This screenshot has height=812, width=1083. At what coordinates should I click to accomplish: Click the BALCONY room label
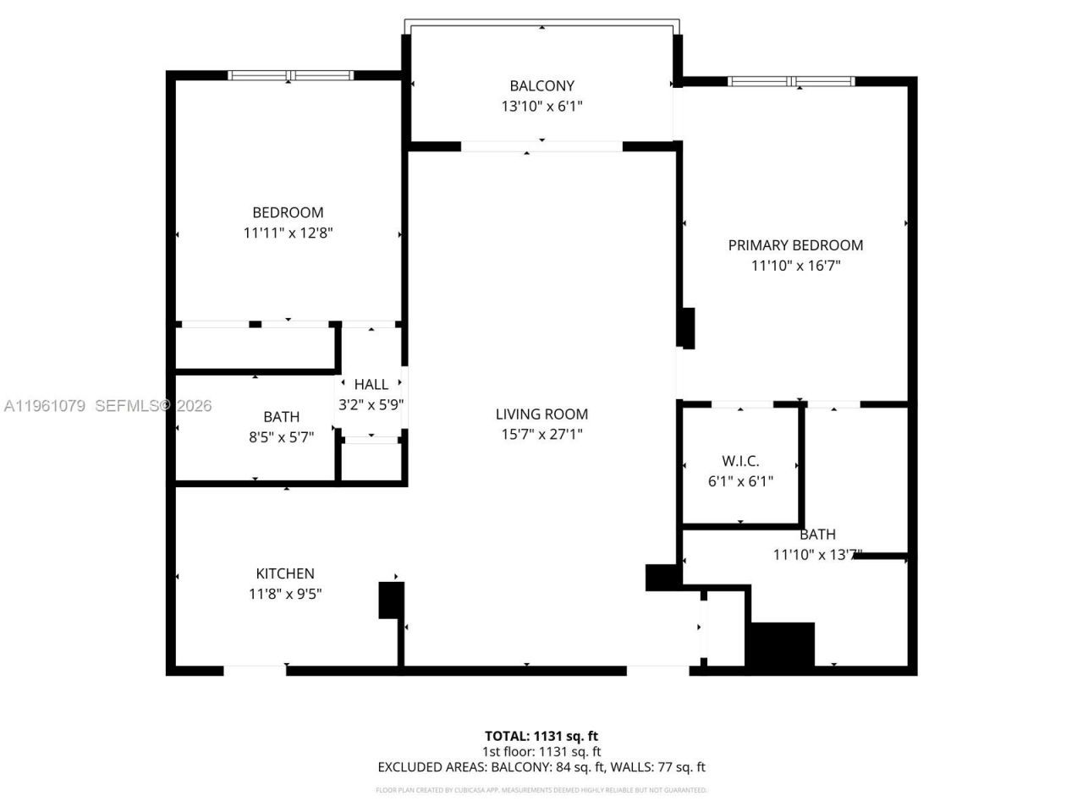(541, 85)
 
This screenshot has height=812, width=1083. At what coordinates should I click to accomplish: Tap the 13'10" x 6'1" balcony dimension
(541, 107)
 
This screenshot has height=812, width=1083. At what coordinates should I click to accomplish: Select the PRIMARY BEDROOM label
(795, 245)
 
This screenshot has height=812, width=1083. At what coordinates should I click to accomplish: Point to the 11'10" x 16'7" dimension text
(795, 266)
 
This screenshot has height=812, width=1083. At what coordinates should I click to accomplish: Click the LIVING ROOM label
(541, 414)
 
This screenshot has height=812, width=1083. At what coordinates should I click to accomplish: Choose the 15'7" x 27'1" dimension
(541, 434)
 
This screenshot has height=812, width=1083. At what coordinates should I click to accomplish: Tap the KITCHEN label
(285, 573)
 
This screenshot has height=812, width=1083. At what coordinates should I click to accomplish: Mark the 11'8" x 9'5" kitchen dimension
(285, 594)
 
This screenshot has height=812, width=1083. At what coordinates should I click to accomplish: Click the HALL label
(371, 385)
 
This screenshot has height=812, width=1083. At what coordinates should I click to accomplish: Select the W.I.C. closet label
(740, 461)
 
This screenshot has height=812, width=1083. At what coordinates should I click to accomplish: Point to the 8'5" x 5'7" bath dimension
(281, 437)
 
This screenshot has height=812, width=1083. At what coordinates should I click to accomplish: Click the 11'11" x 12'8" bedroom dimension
(288, 233)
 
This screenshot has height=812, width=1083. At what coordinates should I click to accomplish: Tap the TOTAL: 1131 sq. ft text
(541, 736)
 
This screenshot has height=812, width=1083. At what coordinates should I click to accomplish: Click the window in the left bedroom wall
(290, 76)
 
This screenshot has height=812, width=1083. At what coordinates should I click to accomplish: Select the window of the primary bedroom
(791, 82)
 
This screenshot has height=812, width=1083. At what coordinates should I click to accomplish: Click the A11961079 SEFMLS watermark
(107, 406)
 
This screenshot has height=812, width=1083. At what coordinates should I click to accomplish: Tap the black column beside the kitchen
(390, 600)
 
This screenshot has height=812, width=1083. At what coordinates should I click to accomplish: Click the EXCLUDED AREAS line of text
(541, 767)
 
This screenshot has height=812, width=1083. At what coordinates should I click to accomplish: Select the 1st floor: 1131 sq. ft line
(541, 751)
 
